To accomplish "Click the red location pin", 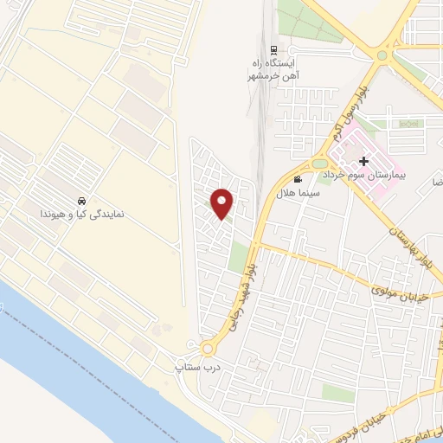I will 222,202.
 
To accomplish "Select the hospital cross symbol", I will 364,161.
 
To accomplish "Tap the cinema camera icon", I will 299,180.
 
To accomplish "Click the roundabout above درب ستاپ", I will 208,350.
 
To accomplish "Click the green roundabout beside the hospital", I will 320,163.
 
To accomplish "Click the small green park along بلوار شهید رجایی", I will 238,257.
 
